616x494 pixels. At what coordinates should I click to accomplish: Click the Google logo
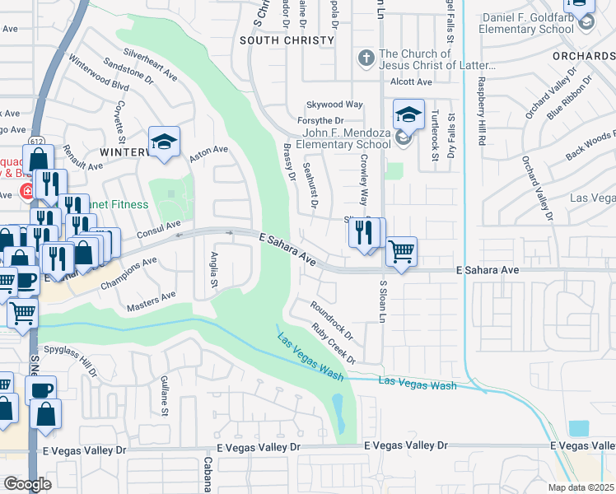[x=27, y=484]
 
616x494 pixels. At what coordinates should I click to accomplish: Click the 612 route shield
[x=37, y=142]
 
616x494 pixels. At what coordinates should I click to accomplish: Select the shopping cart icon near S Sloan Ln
[x=401, y=251]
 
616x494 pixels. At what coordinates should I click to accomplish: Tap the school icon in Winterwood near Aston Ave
[x=164, y=142]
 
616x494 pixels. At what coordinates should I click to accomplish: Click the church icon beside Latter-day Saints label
[x=366, y=58]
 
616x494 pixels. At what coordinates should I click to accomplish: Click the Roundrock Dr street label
[x=331, y=321]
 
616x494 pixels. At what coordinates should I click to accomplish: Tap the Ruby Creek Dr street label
[x=334, y=343]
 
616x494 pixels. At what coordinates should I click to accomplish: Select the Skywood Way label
[x=334, y=105]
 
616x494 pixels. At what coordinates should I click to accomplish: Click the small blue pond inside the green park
[x=338, y=411]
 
